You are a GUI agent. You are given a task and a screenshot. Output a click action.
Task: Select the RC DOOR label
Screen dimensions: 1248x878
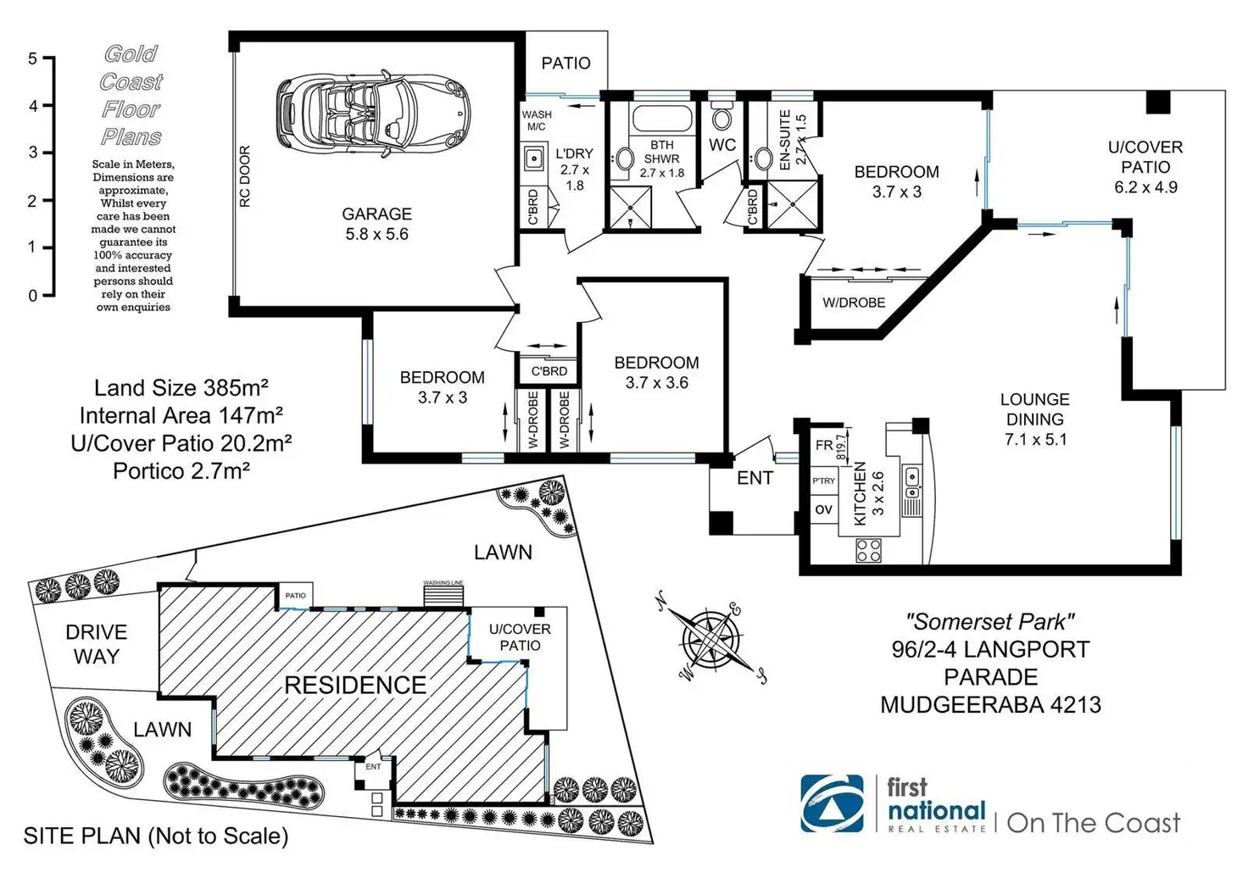(245, 176)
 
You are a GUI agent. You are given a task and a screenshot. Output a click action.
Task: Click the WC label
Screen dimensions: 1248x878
(722, 145)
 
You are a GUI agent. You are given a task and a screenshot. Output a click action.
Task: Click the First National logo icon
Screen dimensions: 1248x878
(833, 803)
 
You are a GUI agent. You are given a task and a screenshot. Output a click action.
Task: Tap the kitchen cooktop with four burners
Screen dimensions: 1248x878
(868, 551)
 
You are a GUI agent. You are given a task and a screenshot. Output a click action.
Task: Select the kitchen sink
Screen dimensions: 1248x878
(911, 483)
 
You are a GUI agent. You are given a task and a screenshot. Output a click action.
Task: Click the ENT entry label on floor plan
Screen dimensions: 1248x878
(755, 478)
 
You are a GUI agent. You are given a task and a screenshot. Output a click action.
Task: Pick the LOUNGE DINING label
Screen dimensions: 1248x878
(1034, 419)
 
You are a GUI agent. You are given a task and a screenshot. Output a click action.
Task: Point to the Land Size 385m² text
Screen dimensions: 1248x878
(181, 388)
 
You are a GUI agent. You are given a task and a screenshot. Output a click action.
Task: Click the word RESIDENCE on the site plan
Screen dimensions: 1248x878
(355, 685)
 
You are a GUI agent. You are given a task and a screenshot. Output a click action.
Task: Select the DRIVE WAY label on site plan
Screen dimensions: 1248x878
(96, 644)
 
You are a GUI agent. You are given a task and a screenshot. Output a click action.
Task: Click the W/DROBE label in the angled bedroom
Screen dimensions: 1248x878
(854, 303)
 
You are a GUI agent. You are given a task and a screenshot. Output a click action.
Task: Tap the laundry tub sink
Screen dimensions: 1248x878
(534, 158)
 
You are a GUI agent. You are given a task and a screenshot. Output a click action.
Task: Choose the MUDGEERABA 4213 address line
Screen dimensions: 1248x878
(990, 704)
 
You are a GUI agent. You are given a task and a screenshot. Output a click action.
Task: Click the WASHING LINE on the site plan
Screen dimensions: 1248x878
(444, 593)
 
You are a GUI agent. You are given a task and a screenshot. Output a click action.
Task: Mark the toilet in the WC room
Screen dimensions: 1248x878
(721, 116)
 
